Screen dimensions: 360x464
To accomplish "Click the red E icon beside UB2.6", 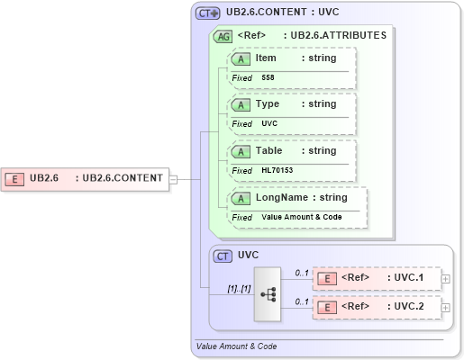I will pyautogui.click(x=15, y=178).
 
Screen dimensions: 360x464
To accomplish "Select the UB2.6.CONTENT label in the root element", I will pyautogui.click(x=123, y=178).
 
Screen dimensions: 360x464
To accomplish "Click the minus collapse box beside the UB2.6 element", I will pyautogui.click(x=173, y=178).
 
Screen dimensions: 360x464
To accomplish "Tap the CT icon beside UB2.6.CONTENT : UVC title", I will pyautogui.click(x=208, y=13).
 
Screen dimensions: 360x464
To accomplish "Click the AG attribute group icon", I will pyautogui.click(x=222, y=37).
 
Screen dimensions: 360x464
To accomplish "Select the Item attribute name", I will pyautogui.click(x=266, y=58).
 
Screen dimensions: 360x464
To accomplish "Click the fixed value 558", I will pyautogui.click(x=268, y=77).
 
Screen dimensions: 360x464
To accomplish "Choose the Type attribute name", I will pyautogui.click(x=268, y=104).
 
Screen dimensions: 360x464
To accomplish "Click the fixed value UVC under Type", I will pyautogui.click(x=269, y=123).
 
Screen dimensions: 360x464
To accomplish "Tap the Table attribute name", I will pyautogui.click(x=269, y=150).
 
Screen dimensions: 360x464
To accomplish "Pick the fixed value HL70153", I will pyautogui.click(x=277, y=170).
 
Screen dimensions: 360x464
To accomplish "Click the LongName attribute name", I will pyautogui.click(x=281, y=197).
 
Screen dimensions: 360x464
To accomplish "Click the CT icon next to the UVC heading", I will pyautogui.click(x=223, y=256).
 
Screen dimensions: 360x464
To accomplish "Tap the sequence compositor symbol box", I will pyautogui.click(x=268, y=293).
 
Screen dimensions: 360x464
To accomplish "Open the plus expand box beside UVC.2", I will pyautogui.click(x=446, y=308).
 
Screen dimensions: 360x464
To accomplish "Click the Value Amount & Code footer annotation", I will pyautogui.click(x=236, y=346).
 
